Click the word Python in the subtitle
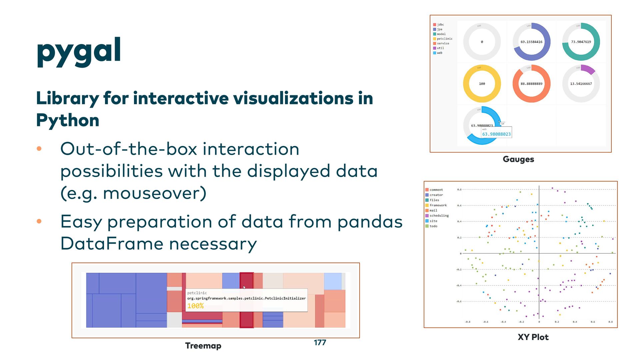pyautogui.click(x=68, y=120)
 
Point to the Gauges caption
pyautogui.click(x=518, y=159)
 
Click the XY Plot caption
pyautogui.click(x=533, y=337)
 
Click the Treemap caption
pyautogui.click(x=203, y=346)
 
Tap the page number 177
pyautogui.click(x=320, y=343)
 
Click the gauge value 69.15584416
pyautogui.click(x=531, y=42)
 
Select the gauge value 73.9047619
pyautogui.click(x=581, y=42)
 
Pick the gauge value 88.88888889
pyautogui.click(x=531, y=84)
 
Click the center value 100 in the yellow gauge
pyautogui.click(x=482, y=84)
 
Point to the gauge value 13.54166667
pyautogui.click(x=581, y=84)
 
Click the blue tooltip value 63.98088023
pyautogui.click(x=496, y=134)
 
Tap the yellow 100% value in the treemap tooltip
pyautogui.click(x=195, y=306)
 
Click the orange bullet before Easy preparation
pyautogui.click(x=39, y=221)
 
